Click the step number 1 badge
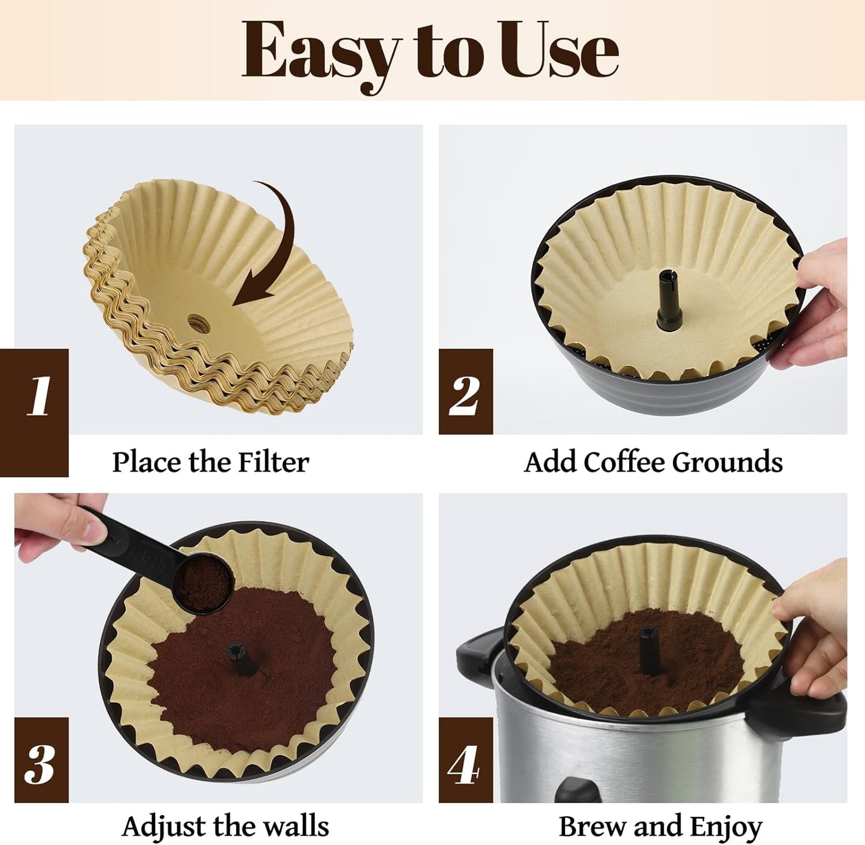[40, 396]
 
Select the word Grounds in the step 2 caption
[727, 462]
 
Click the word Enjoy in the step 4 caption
[726, 828]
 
